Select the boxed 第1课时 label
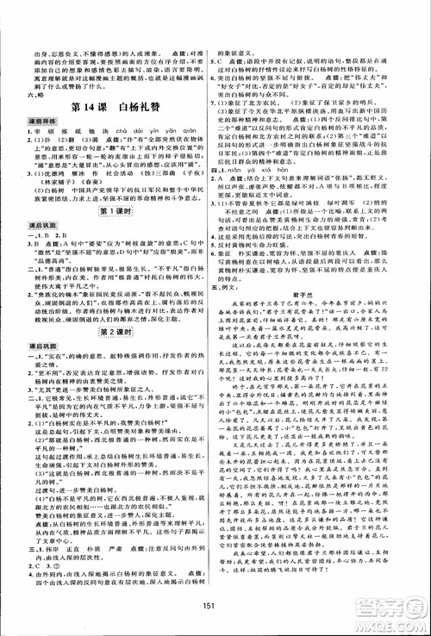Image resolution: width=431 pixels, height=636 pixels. [x=110, y=235]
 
